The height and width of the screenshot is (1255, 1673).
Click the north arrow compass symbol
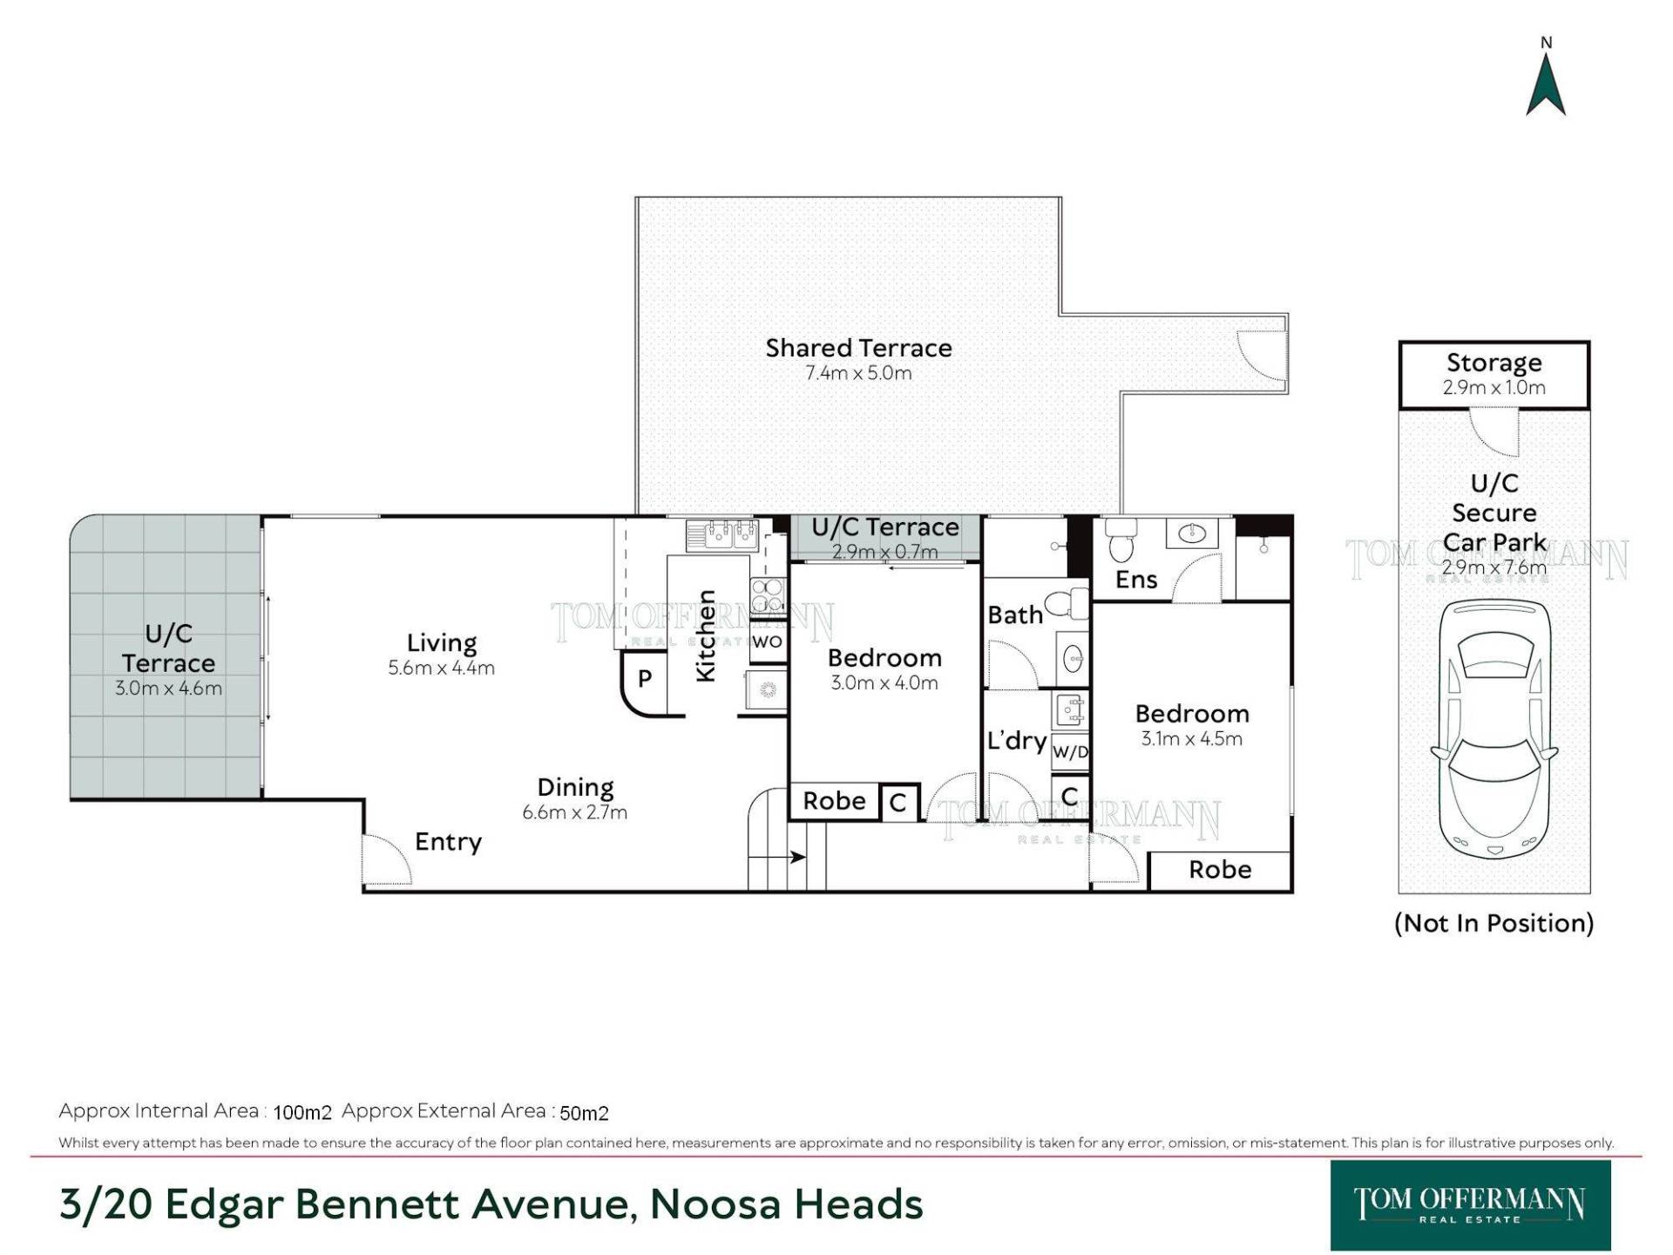tap(1546, 85)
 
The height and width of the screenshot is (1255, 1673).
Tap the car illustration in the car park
tap(1494, 729)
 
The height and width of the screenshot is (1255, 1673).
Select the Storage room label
tap(1494, 362)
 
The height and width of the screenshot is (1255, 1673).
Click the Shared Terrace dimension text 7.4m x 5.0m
tap(858, 373)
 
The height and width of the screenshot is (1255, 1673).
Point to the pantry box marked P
tap(644, 679)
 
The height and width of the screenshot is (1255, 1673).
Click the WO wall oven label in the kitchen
tap(767, 642)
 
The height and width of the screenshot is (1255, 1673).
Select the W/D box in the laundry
tap(1070, 751)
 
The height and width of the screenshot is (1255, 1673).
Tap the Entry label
tap(448, 842)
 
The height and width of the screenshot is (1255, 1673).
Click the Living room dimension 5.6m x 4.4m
tap(441, 668)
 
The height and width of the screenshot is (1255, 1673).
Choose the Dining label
tap(575, 787)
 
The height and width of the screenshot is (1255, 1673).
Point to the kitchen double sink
tap(722, 534)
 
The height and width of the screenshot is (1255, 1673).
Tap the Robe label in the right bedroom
tap(1220, 870)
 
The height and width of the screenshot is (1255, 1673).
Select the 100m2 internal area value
tap(302, 1113)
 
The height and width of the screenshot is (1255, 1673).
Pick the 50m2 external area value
tap(584, 1113)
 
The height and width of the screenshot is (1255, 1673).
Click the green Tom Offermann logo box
tap(1470, 1205)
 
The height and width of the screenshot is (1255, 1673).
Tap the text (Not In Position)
tap(1494, 923)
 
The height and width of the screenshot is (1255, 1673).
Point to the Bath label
tap(1015, 615)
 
